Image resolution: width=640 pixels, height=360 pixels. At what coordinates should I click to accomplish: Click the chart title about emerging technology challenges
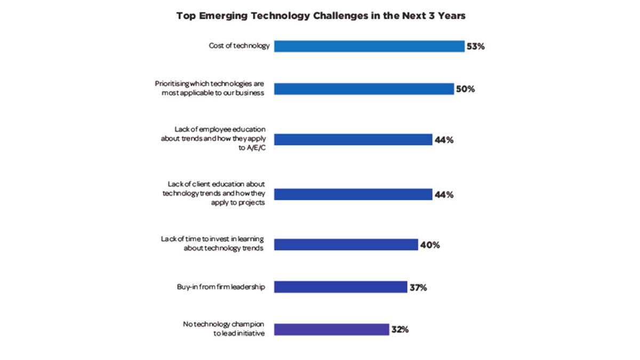321,16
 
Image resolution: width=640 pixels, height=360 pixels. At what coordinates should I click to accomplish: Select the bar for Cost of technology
369,46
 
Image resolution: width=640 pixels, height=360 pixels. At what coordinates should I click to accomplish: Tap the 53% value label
475,46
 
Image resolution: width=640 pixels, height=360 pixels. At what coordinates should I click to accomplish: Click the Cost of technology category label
239,46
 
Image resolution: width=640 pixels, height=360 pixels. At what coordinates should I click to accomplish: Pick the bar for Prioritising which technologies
364,89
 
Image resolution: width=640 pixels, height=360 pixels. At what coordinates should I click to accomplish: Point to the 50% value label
465,89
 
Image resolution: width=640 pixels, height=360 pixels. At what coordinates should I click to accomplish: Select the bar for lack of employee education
353,140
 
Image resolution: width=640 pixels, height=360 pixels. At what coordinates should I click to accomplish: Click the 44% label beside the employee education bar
443,140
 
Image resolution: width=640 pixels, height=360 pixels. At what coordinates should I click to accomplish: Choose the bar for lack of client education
353,195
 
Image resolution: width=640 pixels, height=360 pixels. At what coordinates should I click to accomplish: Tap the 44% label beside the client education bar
443,195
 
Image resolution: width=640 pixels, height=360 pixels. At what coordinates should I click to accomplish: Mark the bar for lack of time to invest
346,245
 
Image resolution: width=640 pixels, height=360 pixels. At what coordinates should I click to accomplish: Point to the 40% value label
429,245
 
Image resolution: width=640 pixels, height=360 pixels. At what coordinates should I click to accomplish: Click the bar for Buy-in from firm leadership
341,287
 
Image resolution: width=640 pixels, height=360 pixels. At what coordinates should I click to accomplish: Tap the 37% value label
418,287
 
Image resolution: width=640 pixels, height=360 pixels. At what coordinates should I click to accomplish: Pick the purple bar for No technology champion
332,330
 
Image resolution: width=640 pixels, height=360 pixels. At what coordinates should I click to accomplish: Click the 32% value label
400,330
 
